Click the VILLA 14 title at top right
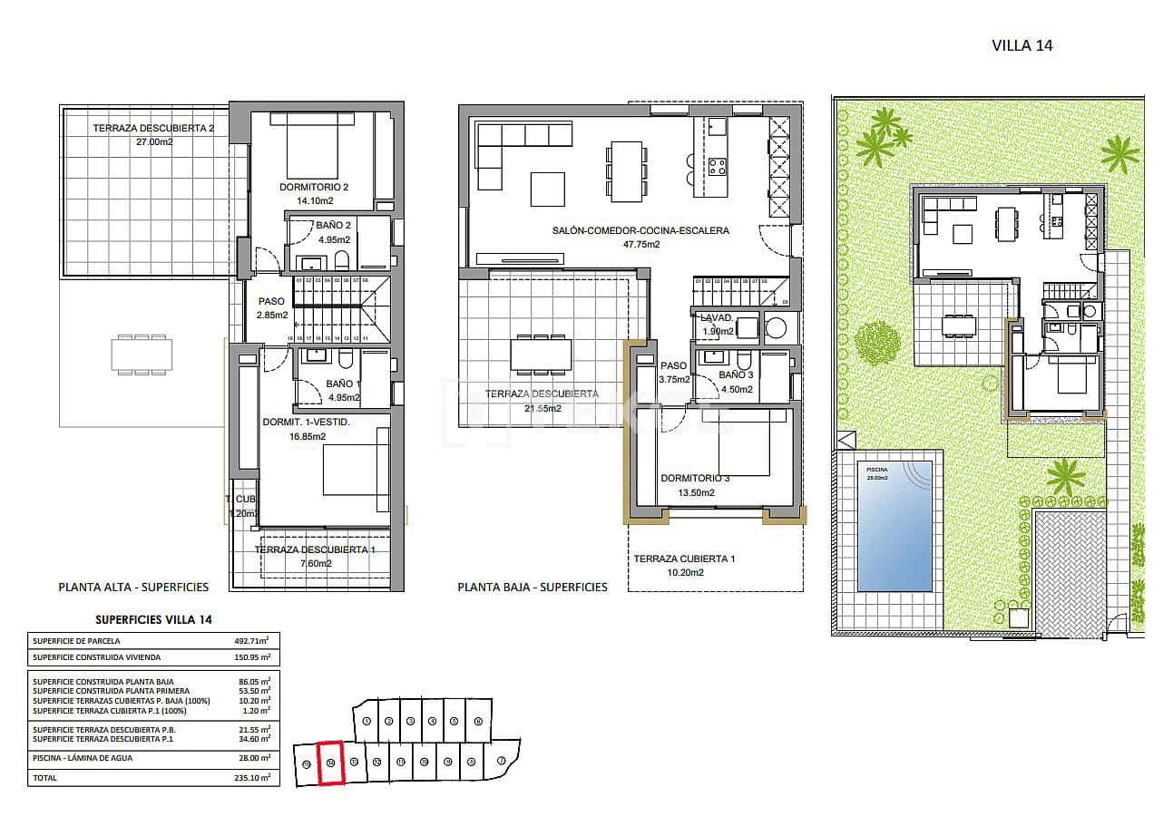pyautogui.click(x=1022, y=45)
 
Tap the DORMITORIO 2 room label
pyautogui.click(x=314, y=188)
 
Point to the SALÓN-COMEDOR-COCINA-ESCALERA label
pyautogui.click(x=640, y=231)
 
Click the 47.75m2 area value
pyautogui.click(x=640, y=244)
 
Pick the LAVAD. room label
pyautogui.click(x=717, y=318)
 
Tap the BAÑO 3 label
pyautogui.click(x=736, y=374)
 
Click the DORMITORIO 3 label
pyautogui.click(x=696, y=478)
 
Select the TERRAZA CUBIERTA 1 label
pyautogui.click(x=684, y=559)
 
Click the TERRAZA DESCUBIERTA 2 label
pyautogui.click(x=153, y=128)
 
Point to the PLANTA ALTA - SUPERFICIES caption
pyautogui.click(x=133, y=587)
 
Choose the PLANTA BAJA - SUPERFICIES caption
pyautogui.click(x=533, y=587)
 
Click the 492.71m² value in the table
pyautogui.click(x=252, y=641)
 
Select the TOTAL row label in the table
pyautogui.click(x=44, y=778)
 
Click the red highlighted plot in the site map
pyautogui.click(x=331, y=763)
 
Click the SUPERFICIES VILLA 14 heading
pyautogui.click(x=154, y=619)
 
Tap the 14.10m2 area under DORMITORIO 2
pyautogui.click(x=314, y=201)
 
